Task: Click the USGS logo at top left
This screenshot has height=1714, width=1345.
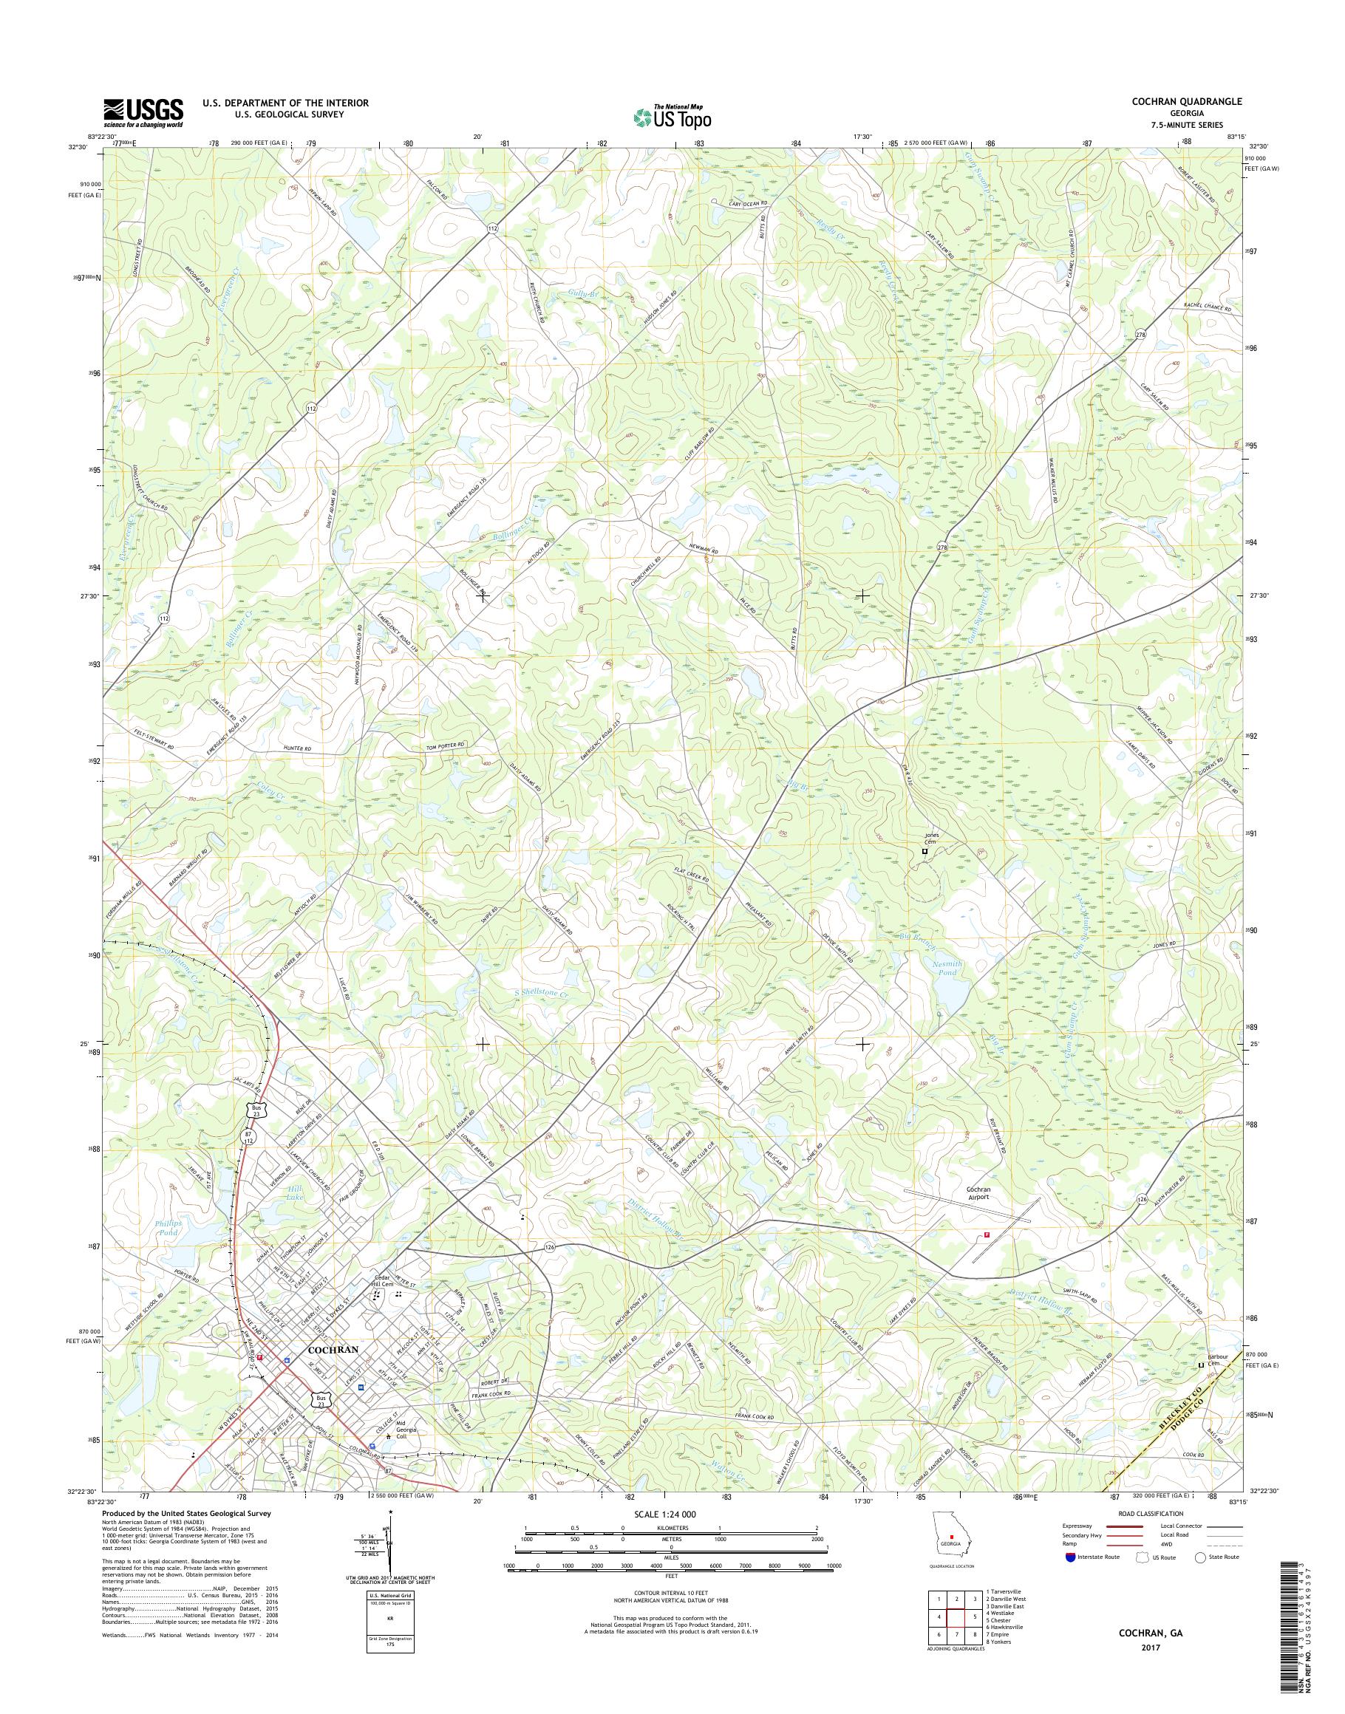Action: coord(143,113)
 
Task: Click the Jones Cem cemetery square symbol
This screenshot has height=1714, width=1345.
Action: coord(925,851)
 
